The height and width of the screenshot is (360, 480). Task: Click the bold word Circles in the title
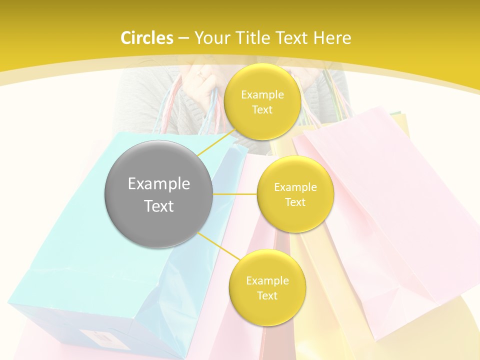146,38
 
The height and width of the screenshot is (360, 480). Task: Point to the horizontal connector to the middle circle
235,193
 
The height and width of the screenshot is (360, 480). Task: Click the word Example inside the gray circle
159,184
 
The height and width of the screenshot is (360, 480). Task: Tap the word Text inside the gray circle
159,206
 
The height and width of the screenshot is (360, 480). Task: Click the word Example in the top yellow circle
262,95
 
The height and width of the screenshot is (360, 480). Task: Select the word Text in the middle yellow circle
295,202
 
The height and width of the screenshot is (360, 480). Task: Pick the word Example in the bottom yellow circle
267,281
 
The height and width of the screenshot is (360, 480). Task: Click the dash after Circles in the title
183,38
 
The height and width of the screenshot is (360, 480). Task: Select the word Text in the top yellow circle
262,110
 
